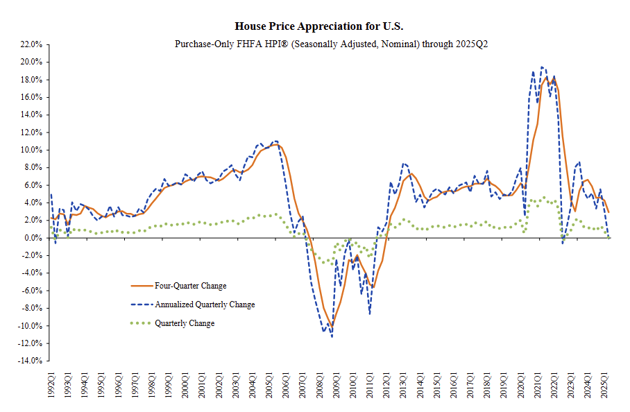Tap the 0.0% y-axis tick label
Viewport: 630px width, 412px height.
point(34,238)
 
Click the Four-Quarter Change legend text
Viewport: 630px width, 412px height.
point(191,286)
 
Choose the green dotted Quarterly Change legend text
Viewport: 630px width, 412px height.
point(185,323)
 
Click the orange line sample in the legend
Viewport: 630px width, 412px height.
point(141,286)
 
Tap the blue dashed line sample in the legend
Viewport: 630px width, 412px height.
point(141,304)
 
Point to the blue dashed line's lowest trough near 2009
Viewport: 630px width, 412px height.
point(332,337)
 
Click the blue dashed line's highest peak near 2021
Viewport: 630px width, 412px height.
point(542,67)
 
